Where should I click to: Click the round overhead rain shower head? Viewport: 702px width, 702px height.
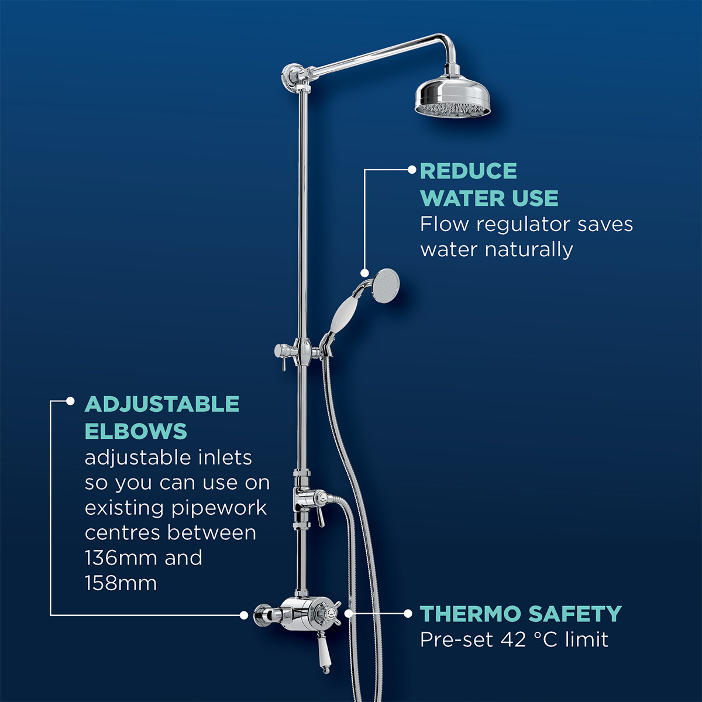[454, 97]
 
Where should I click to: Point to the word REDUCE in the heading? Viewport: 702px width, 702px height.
[468, 171]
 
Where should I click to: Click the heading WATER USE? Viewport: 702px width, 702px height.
[489, 198]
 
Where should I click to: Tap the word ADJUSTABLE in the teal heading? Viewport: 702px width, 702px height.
[162, 404]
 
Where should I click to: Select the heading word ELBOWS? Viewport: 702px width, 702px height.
[136, 432]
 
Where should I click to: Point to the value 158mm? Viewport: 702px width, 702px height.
[121, 583]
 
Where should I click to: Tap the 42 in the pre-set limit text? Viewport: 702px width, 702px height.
[513, 640]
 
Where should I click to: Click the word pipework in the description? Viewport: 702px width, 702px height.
[219, 508]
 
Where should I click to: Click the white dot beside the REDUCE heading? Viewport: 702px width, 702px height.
[412, 170]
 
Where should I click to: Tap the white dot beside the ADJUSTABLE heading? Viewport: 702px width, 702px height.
[70, 401]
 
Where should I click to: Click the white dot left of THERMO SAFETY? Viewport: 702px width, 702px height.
[408, 614]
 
